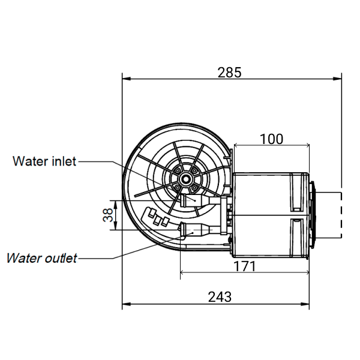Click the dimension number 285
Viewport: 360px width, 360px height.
click(229, 73)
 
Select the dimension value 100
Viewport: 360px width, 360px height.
click(271, 139)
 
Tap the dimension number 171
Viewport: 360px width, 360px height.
click(244, 266)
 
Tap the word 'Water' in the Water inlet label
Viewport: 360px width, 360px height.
click(28, 161)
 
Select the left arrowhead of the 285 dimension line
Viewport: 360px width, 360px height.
click(125, 78)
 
